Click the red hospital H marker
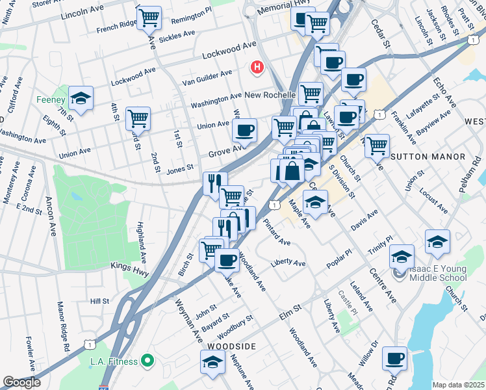tap(257, 66)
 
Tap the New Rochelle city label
tap(272, 94)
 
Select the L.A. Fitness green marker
tap(147, 361)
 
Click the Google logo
tap(21, 382)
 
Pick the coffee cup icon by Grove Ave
tap(244, 130)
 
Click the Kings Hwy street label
tap(130, 266)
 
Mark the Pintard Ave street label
tap(277, 232)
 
